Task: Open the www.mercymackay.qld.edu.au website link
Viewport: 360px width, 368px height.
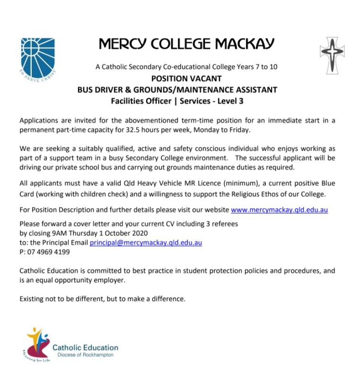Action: pyautogui.click(x=279, y=209)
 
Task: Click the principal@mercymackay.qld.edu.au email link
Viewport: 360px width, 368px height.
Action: pyautogui.click(x=146, y=242)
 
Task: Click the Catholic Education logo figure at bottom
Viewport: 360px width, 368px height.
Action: pyautogui.click(x=36, y=342)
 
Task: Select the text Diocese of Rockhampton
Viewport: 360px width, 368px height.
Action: pyautogui.click(x=85, y=355)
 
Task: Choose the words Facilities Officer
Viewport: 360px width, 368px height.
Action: pyautogui.click(x=141, y=100)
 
